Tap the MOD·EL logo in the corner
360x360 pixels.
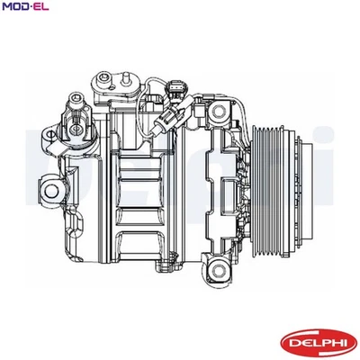[25, 7]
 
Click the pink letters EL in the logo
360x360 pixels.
[41, 7]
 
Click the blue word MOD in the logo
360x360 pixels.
[15, 7]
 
